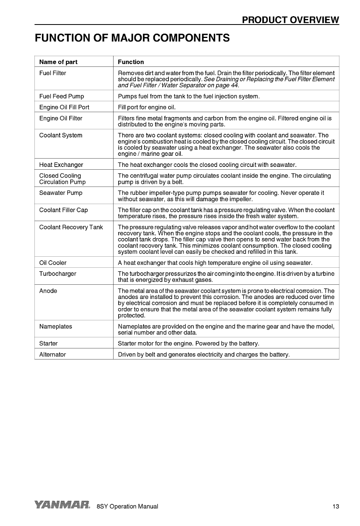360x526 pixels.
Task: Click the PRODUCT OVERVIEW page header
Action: click(290, 20)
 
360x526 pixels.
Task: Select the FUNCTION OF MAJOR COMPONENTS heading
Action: click(132, 38)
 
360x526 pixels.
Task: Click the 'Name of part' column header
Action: click(58, 62)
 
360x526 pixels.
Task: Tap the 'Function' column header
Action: click(131, 62)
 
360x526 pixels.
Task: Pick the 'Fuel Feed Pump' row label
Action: click(61, 96)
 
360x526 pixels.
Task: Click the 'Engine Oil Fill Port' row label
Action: click(64, 107)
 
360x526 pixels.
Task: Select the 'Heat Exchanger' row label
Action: click(61, 165)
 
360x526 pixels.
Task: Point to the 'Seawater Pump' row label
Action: click(61, 193)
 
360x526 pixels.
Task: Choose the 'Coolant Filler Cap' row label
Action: click(63, 210)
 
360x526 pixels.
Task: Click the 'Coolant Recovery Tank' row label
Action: click(71, 227)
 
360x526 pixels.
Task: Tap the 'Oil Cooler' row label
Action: click(53, 263)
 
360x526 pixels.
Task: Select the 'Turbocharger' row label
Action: click(58, 274)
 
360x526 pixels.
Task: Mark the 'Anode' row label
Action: click(48, 291)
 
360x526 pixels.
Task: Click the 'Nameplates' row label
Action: click(55, 326)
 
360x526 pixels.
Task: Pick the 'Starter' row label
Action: click(48, 343)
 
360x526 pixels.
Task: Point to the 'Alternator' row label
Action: click(52, 354)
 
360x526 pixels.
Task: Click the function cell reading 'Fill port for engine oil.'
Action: click(147, 107)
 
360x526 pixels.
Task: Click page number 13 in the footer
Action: click(335, 506)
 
